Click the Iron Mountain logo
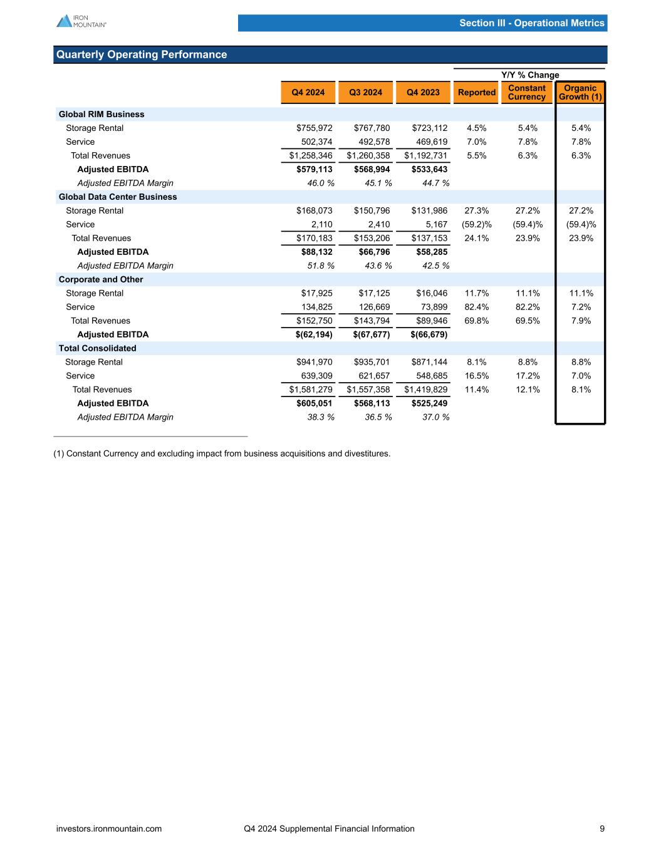coord(81,21)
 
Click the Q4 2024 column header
coord(307,93)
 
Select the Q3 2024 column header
coord(365,93)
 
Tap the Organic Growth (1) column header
coord(580,92)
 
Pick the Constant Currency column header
coord(526,92)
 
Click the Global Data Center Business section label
coord(118,197)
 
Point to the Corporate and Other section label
coord(101,279)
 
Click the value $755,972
coord(315,128)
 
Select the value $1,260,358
coord(368,155)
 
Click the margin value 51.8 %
coord(316,266)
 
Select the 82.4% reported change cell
coord(476,307)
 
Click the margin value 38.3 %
coord(316,417)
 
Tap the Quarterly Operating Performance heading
coord(142,54)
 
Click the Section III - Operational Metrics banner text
coord(531,23)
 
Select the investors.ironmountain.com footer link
coord(109,829)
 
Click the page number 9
coord(602,829)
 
